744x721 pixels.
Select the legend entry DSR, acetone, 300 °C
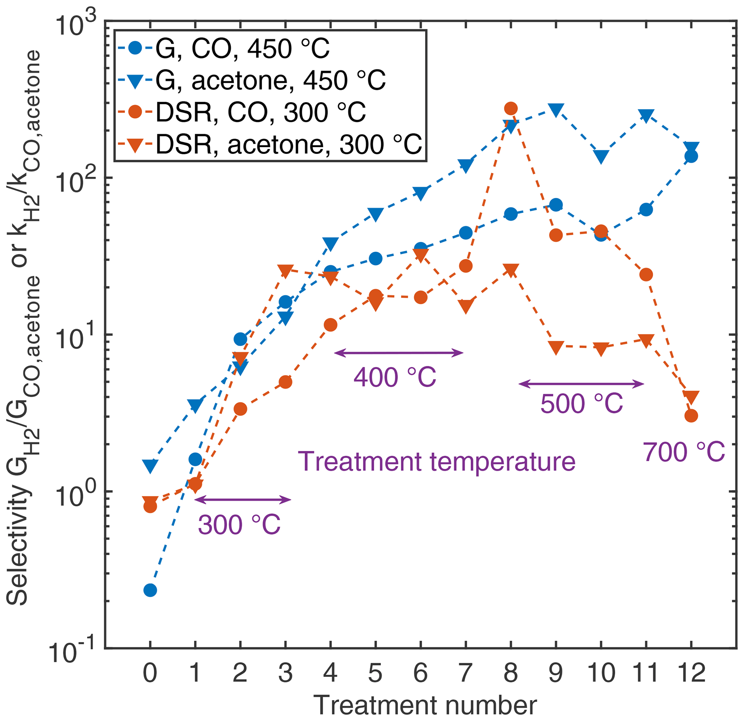click(288, 145)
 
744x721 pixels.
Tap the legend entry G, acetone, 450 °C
click(270, 81)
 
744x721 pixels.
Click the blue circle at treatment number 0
click(150, 590)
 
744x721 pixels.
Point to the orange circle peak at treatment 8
click(511, 109)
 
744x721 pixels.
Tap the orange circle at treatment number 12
click(691, 416)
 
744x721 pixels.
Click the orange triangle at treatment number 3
click(285, 271)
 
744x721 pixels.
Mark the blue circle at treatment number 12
click(691, 156)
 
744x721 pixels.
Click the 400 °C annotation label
click(395, 377)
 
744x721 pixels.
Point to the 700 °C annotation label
click(684, 452)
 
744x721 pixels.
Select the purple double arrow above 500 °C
click(582, 384)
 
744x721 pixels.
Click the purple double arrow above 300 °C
click(243, 500)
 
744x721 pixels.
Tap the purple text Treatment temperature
click(437, 462)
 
